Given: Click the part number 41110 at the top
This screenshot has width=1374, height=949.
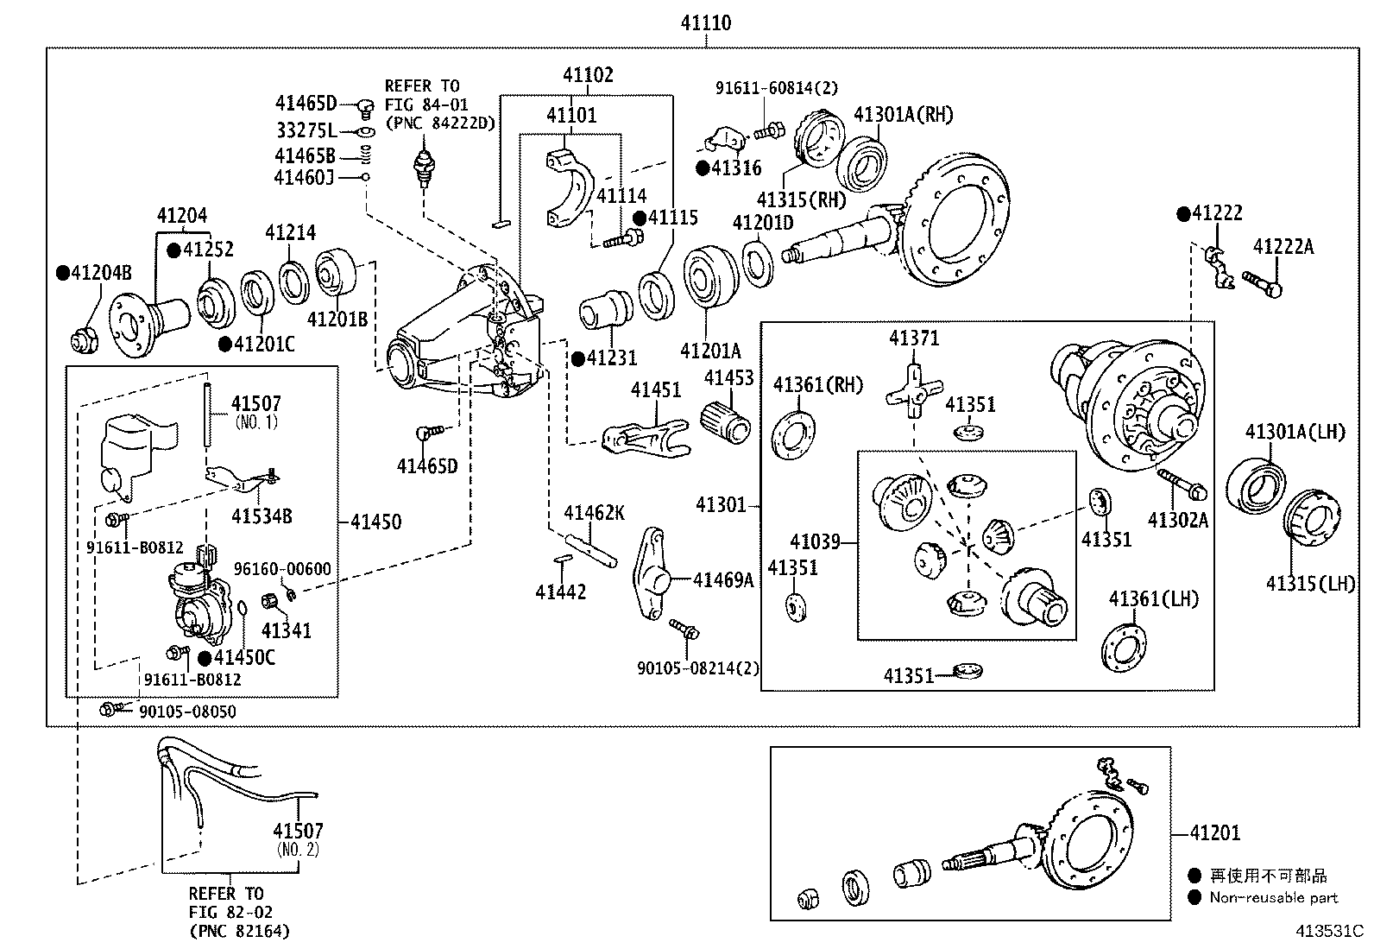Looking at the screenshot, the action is pos(705,23).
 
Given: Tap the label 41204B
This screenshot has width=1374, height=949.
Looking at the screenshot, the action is pos(101,273).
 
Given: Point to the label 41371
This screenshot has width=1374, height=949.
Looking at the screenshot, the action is pos(914,338).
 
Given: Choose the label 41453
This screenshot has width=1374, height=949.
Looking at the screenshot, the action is pos(728,377).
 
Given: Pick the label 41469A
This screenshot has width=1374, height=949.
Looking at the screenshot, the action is pos(723,579).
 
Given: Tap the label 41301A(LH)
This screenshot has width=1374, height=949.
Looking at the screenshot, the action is pos(1295,432).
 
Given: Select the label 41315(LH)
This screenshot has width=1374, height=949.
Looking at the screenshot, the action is pos(1310,583).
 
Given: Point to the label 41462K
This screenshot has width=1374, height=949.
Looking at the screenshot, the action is pos(594,513).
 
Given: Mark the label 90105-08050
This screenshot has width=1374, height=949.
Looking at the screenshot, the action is pos(187,712).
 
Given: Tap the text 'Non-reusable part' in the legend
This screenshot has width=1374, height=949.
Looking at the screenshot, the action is pos(1273,897).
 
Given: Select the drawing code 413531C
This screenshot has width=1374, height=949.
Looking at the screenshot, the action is pos(1328,931).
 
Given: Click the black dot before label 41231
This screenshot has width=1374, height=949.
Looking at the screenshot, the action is pos(577,359).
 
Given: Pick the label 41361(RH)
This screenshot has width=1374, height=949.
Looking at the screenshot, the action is pos(817,385).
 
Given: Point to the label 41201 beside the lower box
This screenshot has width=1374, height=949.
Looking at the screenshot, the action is pos(1214,833).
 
